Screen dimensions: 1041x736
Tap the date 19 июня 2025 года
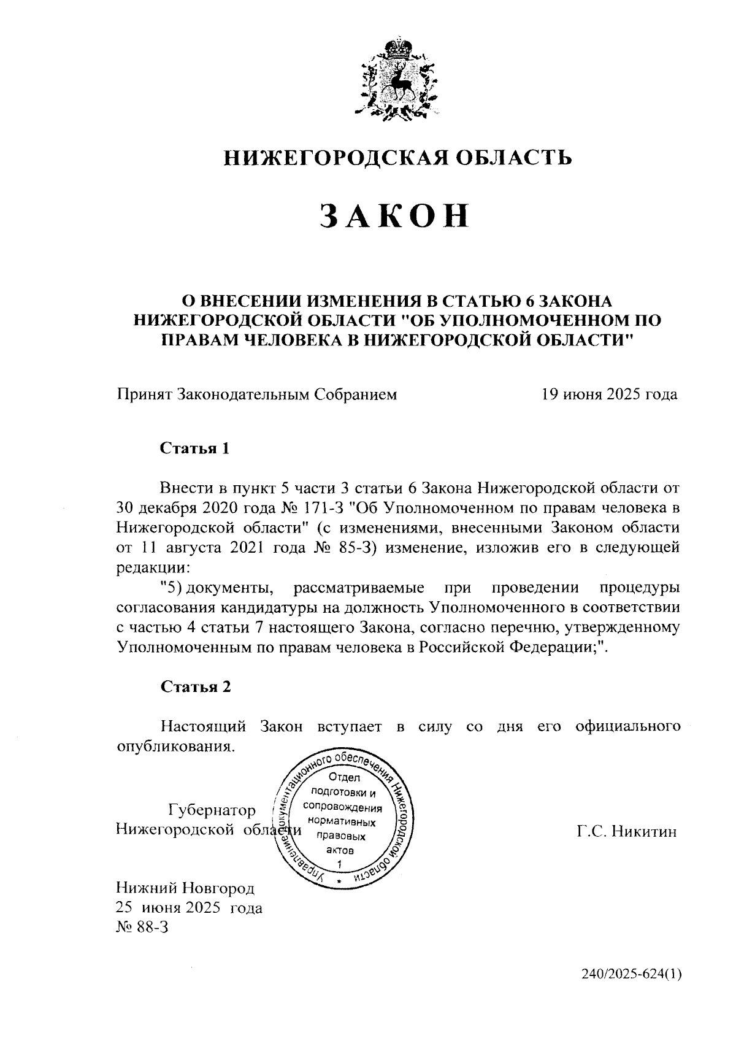coord(608,394)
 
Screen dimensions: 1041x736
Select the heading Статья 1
coord(195,448)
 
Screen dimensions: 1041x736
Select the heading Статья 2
coord(196,686)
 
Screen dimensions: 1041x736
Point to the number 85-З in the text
coord(359,548)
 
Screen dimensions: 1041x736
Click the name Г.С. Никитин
coord(626,832)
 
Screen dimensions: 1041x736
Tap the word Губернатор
coord(212,810)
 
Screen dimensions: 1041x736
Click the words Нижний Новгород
coord(185,888)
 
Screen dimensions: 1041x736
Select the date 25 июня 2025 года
coord(189,907)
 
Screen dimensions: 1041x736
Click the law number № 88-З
coord(142,928)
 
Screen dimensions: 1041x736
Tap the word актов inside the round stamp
coord(340,850)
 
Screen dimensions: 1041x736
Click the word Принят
coord(144,394)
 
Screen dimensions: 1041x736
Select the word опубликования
coord(175,747)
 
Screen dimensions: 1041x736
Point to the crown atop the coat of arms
coord(399,47)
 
